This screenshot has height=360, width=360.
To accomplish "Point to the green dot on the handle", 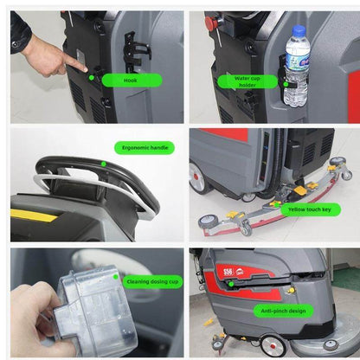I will (103, 163).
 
